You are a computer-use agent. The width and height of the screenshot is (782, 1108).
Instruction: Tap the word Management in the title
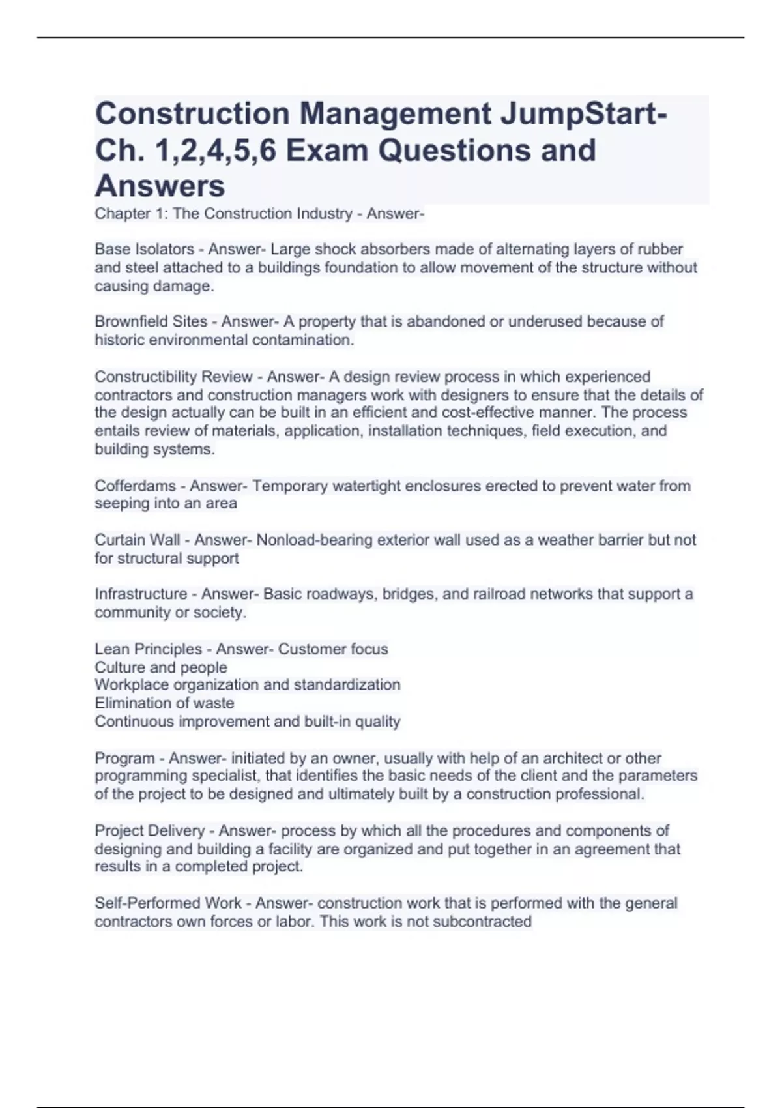click(x=395, y=113)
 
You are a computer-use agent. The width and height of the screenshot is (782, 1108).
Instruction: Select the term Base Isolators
click(x=144, y=250)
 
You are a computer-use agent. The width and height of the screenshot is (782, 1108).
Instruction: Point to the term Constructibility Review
click(x=173, y=377)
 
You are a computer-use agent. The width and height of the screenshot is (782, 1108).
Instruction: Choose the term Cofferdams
click(x=136, y=486)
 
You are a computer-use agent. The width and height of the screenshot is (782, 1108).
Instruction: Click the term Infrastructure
click(x=141, y=594)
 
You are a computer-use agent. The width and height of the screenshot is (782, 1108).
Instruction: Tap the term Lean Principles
click(x=148, y=649)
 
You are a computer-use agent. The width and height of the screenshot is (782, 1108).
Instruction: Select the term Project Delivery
click(x=149, y=831)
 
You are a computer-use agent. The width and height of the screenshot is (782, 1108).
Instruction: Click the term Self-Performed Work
click(x=168, y=903)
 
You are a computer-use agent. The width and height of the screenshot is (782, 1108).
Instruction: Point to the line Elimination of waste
click(x=164, y=703)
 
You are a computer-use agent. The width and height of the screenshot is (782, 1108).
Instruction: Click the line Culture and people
click(x=161, y=667)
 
